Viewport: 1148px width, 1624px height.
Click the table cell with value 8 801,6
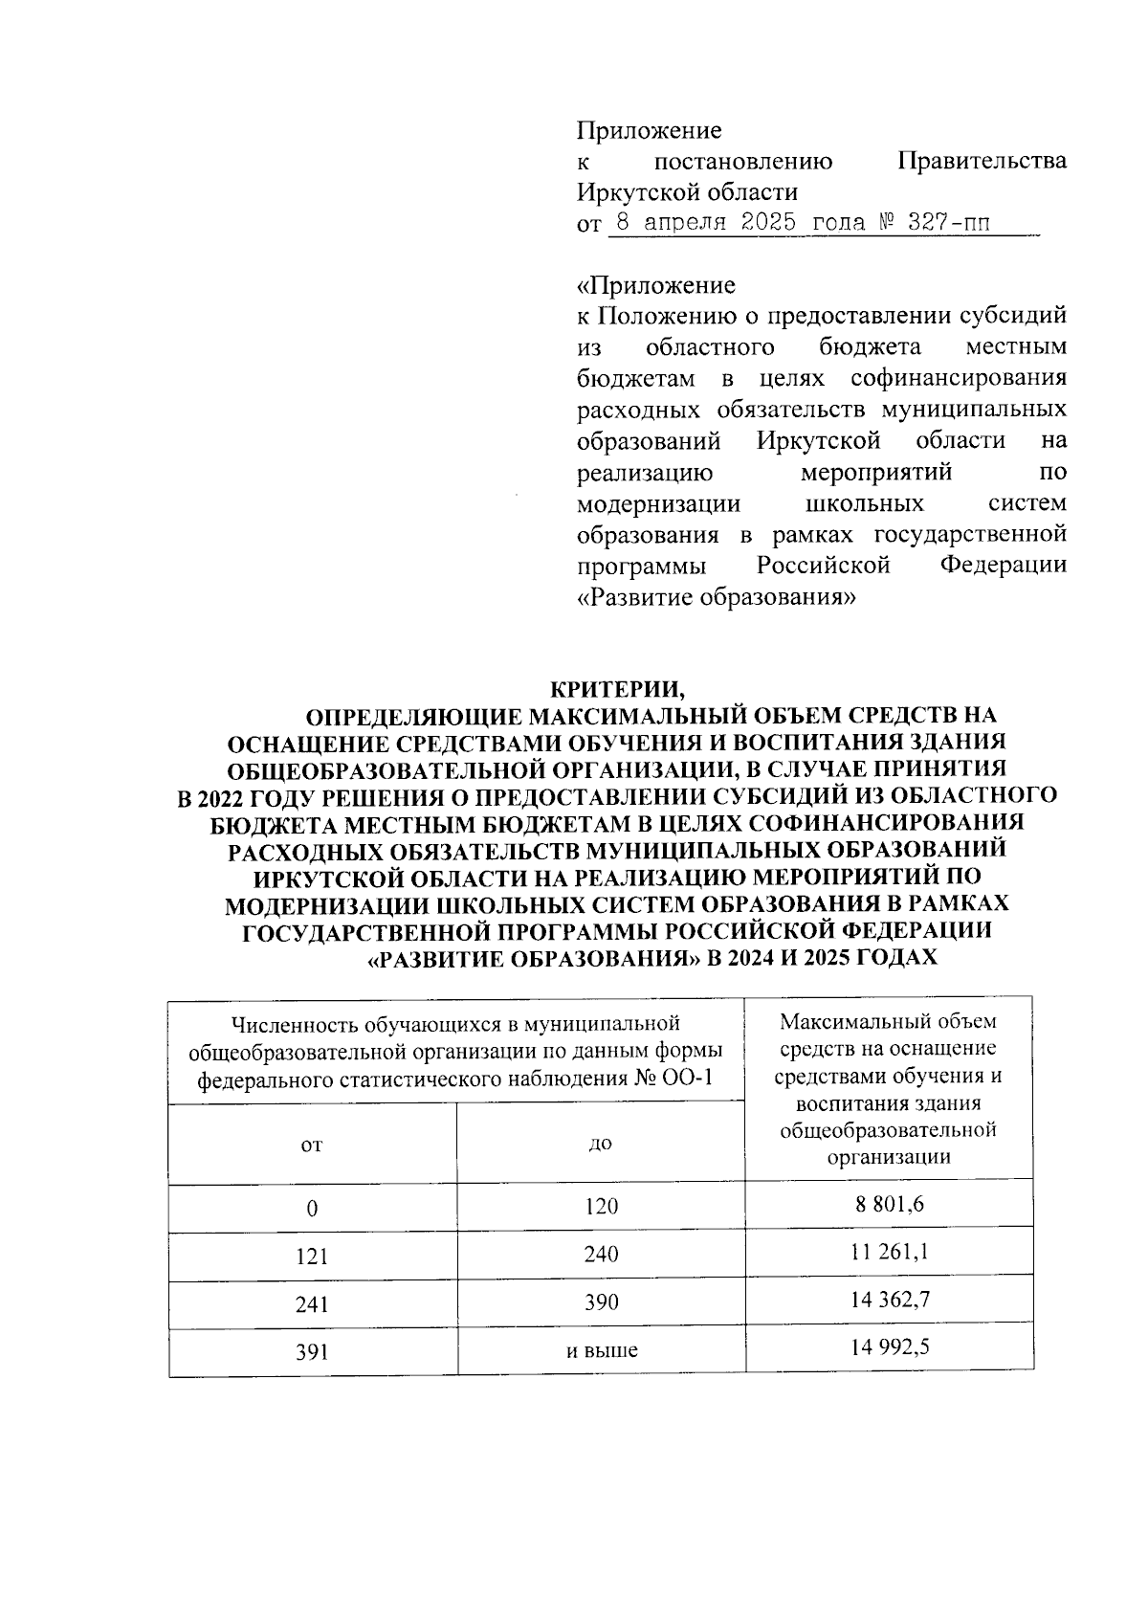pyautogui.click(x=889, y=1204)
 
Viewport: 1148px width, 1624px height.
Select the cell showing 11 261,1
pyautogui.click(x=889, y=1252)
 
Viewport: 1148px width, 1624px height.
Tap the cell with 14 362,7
pyautogui.click(x=889, y=1300)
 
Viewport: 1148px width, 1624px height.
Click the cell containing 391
pyautogui.click(x=312, y=1351)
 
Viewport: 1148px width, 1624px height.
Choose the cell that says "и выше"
pyautogui.click(x=602, y=1350)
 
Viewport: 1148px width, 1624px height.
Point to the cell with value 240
pyautogui.click(x=602, y=1255)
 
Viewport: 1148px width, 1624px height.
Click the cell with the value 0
pyautogui.click(x=312, y=1208)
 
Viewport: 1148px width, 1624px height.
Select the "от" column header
pyautogui.click(x=312, y=1145)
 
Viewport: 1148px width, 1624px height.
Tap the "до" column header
pyautogui.click(x=602, y=1144)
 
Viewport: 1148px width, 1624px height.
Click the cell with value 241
pyautogui.click(x=312, y=1302)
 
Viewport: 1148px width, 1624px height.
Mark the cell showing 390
pyautogui.click(x=602, y=1302)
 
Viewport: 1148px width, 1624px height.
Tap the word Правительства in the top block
pyautogui.click(x=982, y=161)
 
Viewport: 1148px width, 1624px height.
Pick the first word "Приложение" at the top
pyautogui.click(x=649, y=130)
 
